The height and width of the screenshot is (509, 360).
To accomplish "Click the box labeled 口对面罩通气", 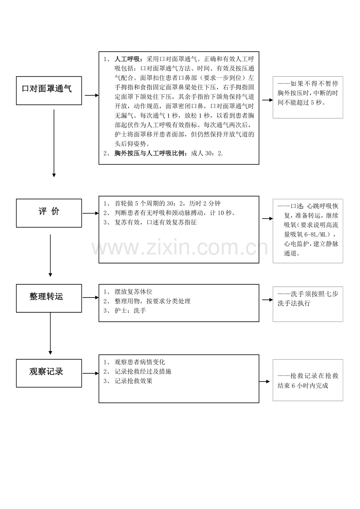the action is pos(49,90).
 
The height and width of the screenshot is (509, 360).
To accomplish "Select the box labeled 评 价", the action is pos(49,213).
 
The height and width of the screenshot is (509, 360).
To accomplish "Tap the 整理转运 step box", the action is pos(49,298).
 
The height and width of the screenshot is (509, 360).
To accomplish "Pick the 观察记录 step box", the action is pos(49,373).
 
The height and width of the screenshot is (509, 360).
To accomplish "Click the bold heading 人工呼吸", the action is pos(127,59).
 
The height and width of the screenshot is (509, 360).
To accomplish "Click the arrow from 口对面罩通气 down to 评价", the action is pos(54,143).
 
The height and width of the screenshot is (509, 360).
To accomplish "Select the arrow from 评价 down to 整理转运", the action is pos(50,255).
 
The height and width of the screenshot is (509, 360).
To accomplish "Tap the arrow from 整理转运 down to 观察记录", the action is pos(50,333).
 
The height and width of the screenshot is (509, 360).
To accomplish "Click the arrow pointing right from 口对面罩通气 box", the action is pos(92,95).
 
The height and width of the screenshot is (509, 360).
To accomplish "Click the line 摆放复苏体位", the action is pos(133,292).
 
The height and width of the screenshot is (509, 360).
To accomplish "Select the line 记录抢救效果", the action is pos(133,381).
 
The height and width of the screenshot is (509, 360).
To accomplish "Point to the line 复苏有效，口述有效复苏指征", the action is pos(156,222).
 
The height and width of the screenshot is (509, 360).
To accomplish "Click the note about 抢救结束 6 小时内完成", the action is pos(308,380).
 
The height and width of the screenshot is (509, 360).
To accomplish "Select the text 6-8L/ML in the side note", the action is pos(317,234).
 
